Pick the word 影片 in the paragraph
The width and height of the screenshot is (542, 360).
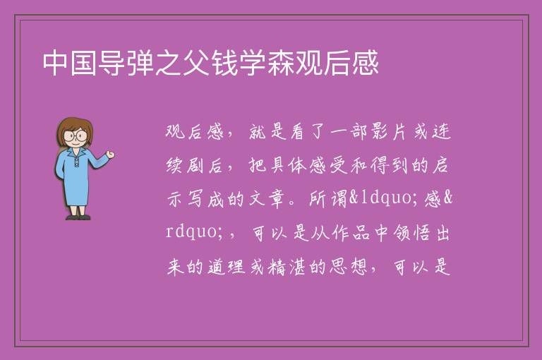pyautogui.click(x=389, y=132)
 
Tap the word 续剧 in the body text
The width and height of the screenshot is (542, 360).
pyautogui.click(x=186, y=165)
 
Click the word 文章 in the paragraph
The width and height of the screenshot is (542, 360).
pyautogui.click(x=267, y=199)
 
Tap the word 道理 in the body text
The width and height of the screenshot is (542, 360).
pyautogui.click(x=227, y=267)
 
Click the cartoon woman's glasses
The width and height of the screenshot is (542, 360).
pyautogui.click(x=76, y=136)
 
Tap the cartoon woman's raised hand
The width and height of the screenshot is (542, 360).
pyautogui.click(x=110, y=155)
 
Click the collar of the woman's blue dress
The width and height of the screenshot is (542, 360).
pyautogui.click(x=76, y=152)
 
